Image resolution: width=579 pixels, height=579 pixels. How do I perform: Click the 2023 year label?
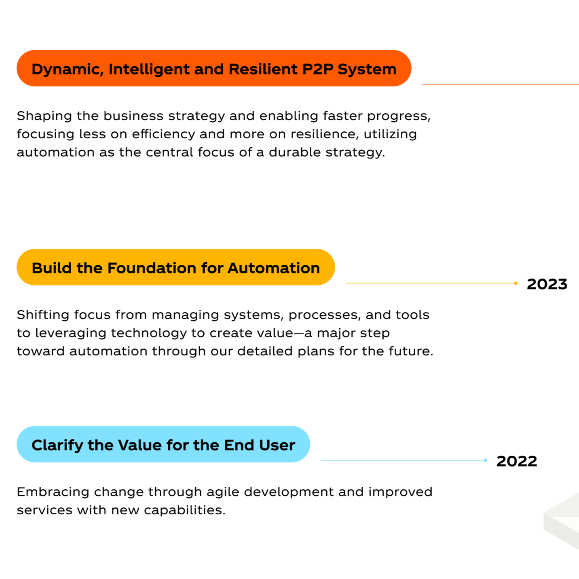(x=547, y=284)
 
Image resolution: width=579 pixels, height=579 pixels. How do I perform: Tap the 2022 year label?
(x=516, y=461)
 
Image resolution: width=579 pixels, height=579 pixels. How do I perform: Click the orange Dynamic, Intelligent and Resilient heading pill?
(x=213, y=68)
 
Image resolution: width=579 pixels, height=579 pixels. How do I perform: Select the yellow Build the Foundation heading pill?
(x=175, y=267)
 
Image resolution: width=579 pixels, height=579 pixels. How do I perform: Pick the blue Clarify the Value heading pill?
(x=163, y=444)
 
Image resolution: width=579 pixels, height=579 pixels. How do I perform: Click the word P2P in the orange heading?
(x=318, y=69)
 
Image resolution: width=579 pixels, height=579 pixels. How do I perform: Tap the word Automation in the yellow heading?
(x=273, y=268)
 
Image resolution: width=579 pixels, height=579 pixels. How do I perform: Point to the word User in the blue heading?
(x=277, y=445)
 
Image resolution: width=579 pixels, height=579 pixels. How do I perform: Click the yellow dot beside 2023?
(x=516, y=283)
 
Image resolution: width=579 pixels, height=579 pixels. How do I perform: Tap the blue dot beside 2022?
(x=485, y=460)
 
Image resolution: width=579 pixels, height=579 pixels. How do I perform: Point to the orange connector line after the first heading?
(x=500, y=84)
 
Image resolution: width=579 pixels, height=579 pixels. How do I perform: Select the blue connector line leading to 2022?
(x=402, y=460)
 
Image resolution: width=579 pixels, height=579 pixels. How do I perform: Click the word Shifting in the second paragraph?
(x=43, y=315)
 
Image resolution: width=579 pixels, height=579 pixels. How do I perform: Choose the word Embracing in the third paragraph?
(x=53, y=492)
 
